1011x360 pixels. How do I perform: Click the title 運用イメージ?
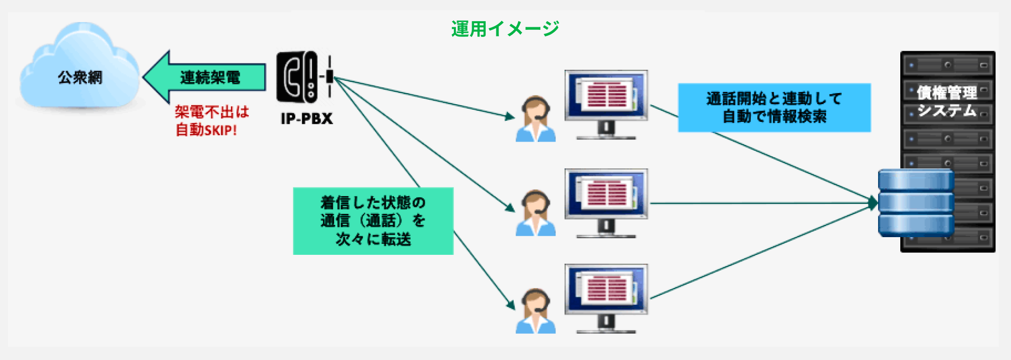[x=505, y=29]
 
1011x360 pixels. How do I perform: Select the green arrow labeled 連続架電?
[x=205, y=77]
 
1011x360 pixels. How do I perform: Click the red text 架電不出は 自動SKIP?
[x=212, y=121]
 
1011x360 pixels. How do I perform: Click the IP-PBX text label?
[x=307, y=118]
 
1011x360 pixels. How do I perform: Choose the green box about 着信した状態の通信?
[x=373, y=221]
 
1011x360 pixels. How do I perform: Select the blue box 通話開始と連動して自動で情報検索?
[x=774, y=108]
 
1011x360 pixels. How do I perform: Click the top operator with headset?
[x=536, y=119]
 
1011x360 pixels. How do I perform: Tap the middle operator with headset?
[x=536, y=213]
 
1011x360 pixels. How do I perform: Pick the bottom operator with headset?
[x=536, y=310]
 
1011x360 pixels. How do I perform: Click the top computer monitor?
[x=606, y=104]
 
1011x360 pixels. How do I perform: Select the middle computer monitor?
[x=606, y=203]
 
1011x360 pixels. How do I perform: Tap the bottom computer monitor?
[x=606, y=298]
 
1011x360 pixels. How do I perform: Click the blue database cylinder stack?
[x=916, y=203]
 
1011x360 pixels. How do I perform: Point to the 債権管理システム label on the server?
[x=947, y=101]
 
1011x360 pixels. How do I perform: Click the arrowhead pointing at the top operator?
[x=510, y=117]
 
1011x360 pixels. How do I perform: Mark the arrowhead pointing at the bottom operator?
[x=511, y=304]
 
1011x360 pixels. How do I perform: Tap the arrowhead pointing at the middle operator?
[x=510, y=207]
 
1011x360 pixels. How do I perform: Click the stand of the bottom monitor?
[x=606, y=325]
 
